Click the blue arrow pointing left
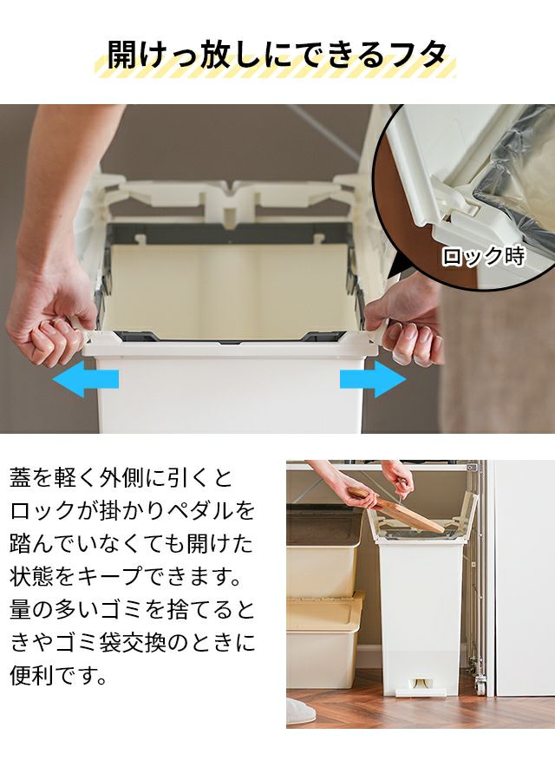[86, 378]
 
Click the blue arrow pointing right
[373, 378]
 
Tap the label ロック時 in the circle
[483, 256]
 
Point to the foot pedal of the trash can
[420, 687]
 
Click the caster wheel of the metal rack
[480, 685]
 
